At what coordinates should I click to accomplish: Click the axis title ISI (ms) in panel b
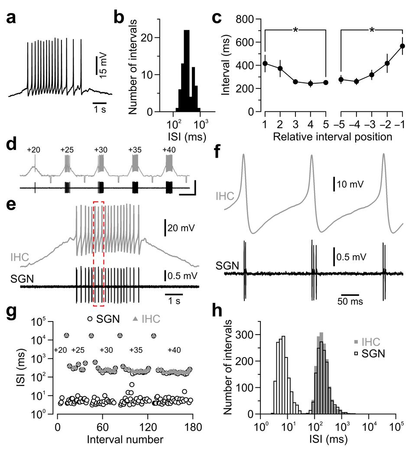[x=187, y=139]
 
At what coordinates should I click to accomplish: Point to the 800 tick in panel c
[x=244, y=19]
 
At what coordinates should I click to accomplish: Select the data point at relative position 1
[x=265, y=64]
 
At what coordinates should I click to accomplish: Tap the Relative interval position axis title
[x=333, y=139]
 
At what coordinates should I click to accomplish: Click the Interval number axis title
[x=125, y=439]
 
